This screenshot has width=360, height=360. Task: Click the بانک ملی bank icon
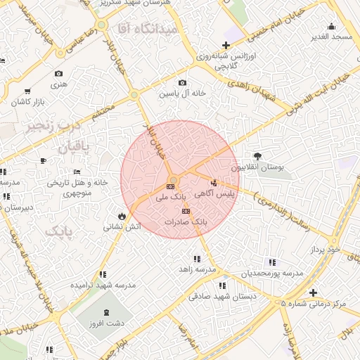click(x=170, y=186)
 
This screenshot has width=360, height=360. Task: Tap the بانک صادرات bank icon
click(x=186, y=211)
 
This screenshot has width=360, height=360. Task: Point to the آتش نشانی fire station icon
click(x=122, y=217)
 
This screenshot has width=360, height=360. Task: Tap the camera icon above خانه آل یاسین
click(x=183, y=83)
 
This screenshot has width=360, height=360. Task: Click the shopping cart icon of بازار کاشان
click(x=27, y=91)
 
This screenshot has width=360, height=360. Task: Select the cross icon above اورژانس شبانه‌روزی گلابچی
click(x=225, y=45)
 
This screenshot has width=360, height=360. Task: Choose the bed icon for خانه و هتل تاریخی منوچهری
click(x=77, y=172)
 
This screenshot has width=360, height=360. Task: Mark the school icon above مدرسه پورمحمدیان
click(x=273, y=262)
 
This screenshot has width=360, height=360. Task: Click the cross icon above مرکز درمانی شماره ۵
click(x=313, y=292)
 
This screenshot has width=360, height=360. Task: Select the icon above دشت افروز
click(x=106, y=312)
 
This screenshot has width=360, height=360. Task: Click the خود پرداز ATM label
click(x=325, y=250)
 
